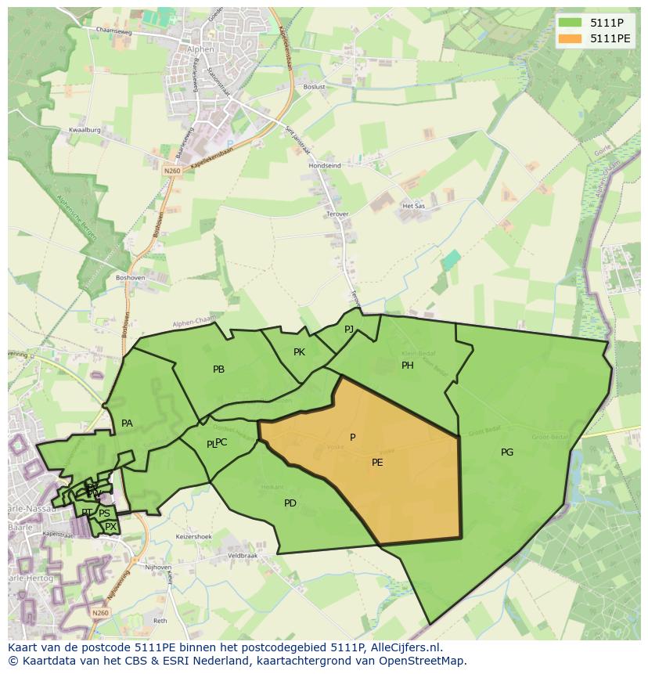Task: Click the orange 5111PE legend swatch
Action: click(571, 38)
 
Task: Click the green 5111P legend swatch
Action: click(571, 22)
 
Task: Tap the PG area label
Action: click(507, 452)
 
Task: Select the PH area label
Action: click(408, 365)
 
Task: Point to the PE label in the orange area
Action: click(377, 462)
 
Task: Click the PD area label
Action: click(290, 503)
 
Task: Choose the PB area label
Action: click(219, 369)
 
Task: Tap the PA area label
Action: click(127, 424)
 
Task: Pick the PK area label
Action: click(299, 351)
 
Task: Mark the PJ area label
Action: click(349, 329)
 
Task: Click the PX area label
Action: click(111, 527)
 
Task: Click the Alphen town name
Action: click(201, 47)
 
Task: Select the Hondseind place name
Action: click(325, 166)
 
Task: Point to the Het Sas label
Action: click(412, 206)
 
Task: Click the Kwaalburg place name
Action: click(85, 130)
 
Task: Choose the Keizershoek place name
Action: click(193, 537)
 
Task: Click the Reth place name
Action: click(160, 620)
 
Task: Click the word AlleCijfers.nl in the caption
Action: click(401, 648)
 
